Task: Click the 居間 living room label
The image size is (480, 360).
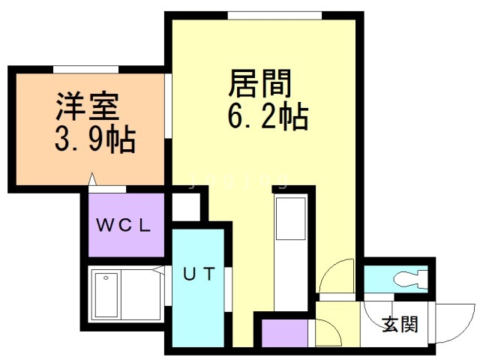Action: (260, 83)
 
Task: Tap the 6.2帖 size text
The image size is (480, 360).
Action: (268, 118)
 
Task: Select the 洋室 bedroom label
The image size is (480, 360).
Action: (87, 106)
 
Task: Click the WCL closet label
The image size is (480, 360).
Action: (123, 225)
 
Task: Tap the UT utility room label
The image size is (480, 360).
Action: (199, 274)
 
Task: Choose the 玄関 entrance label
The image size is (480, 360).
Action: (400, 323)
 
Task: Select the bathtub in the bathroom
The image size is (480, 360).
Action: (106, 295)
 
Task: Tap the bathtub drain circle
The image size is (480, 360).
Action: (106, 278)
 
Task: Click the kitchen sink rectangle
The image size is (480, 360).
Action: (291, 218)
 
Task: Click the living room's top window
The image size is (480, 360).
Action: (275, 15)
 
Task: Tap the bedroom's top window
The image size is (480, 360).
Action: (86, 70)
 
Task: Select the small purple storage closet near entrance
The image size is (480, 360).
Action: (285, 333)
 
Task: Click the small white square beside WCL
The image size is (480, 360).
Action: (187, 207)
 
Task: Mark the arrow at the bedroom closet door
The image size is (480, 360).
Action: (92, 179)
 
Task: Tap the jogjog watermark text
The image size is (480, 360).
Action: (238, 181)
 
